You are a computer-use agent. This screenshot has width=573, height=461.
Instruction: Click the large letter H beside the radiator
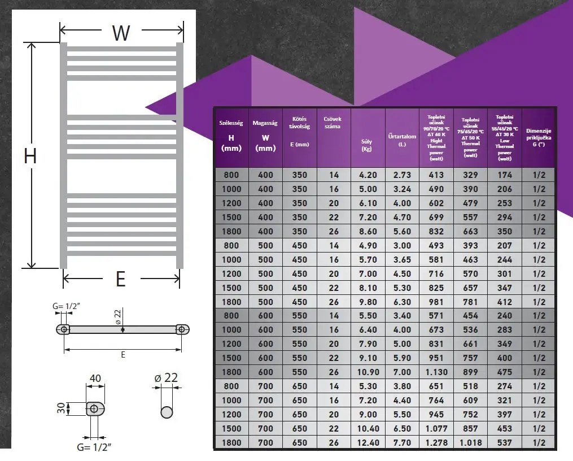click(x=30, y=155)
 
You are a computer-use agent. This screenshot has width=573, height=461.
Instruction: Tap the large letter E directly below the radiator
click(x=121, y=279)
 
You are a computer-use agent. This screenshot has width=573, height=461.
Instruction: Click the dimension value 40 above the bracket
click(x=95, y=378)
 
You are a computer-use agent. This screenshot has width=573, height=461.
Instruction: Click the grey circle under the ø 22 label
click(x=167, y=411)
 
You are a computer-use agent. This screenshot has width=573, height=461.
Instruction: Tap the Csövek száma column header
click(x=334, y=123)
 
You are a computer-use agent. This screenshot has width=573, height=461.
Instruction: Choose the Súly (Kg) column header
click(x=367, y=145)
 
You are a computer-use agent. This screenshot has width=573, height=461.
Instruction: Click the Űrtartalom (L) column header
click(x=402, y=140)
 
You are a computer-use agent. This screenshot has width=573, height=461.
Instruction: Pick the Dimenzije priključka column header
click(x=539, y=137)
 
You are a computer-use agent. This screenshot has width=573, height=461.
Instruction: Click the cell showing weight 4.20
click(x=368, y=175)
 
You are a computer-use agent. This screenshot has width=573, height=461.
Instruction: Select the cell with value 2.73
click(x=402, y=175)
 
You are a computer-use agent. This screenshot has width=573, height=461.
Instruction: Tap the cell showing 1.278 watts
click(x=436, y=442)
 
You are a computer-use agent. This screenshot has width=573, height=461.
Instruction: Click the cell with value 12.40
click(x=368, y=442)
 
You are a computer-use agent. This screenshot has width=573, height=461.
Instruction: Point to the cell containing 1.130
click(x=436, y=372)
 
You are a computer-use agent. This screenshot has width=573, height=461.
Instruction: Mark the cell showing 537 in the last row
click(x=504, y=442)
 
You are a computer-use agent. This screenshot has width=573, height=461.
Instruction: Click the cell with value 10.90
click(x=368, y=372)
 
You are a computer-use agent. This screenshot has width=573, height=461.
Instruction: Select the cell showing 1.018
click(x=470, y=442)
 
